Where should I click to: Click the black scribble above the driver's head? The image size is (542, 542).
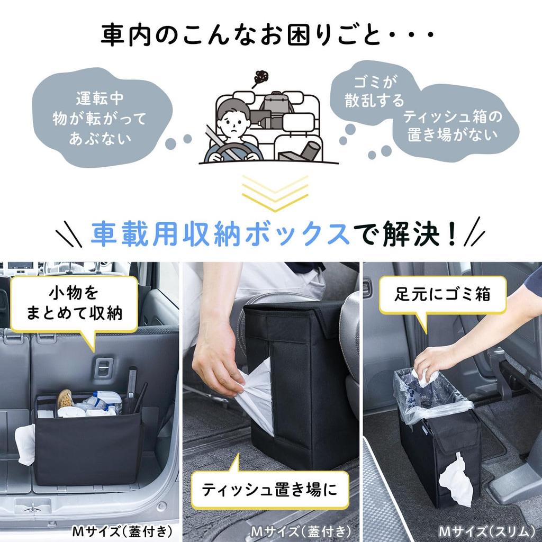click(x=261, y=78)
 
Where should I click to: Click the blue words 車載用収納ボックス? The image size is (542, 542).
click(x=219, y=233)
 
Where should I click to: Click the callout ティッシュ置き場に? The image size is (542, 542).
click(x=270, y=490)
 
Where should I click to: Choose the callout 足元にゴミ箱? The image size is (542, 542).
click(x=449, y=295)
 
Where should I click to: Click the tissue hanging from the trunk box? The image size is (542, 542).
click(x=25, y=444)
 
